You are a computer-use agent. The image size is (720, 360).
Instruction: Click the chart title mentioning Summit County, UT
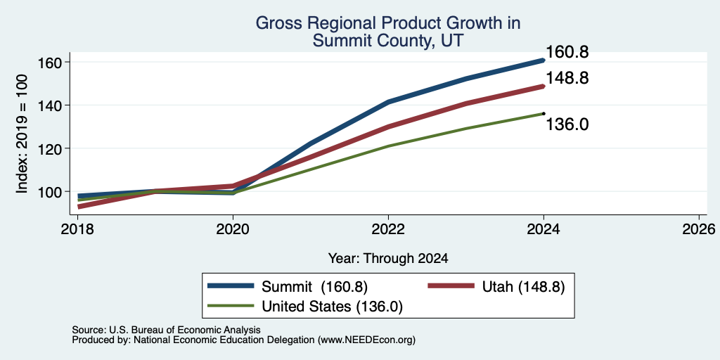tap(388, 32)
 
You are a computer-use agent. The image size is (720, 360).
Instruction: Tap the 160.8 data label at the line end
tap(567, 52)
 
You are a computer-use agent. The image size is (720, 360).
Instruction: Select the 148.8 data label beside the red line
tap(567, 78)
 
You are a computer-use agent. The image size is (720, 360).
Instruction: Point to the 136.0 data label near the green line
tap(567, 124)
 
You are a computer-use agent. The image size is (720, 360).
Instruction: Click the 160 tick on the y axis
tap(49, 62)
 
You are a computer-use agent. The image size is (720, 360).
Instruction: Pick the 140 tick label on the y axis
tap(49, 105)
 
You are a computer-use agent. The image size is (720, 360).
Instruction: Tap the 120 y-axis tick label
tap(49, 148)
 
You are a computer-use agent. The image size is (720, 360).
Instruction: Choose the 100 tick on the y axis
tap(49, 191)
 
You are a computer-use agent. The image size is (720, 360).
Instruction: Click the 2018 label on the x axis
tap(77, 229)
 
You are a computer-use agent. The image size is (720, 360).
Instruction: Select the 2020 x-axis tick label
tap(233, 229)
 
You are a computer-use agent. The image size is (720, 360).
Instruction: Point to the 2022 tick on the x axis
tap(388, 229)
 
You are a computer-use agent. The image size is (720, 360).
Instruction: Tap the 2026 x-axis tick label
tap(699, 229)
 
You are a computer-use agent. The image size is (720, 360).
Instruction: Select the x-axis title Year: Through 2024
tap(388, 259)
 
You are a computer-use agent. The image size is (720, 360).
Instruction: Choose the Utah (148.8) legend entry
tap(496, 287)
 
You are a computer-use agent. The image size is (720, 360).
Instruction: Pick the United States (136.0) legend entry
tap(305, 307)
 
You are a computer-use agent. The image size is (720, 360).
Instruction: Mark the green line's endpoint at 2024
tap(544, 113)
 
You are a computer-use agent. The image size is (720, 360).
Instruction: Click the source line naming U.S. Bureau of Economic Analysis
tap(166, 330)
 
